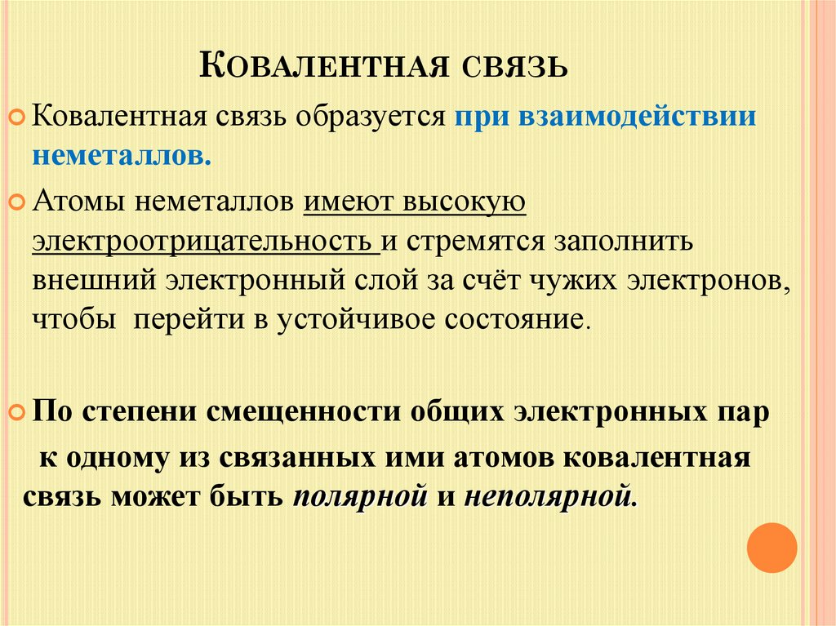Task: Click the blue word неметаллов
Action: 122,154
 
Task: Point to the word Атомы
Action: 72,202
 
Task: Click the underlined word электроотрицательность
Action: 203,242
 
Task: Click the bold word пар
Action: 743,412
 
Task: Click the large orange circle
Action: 772,547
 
